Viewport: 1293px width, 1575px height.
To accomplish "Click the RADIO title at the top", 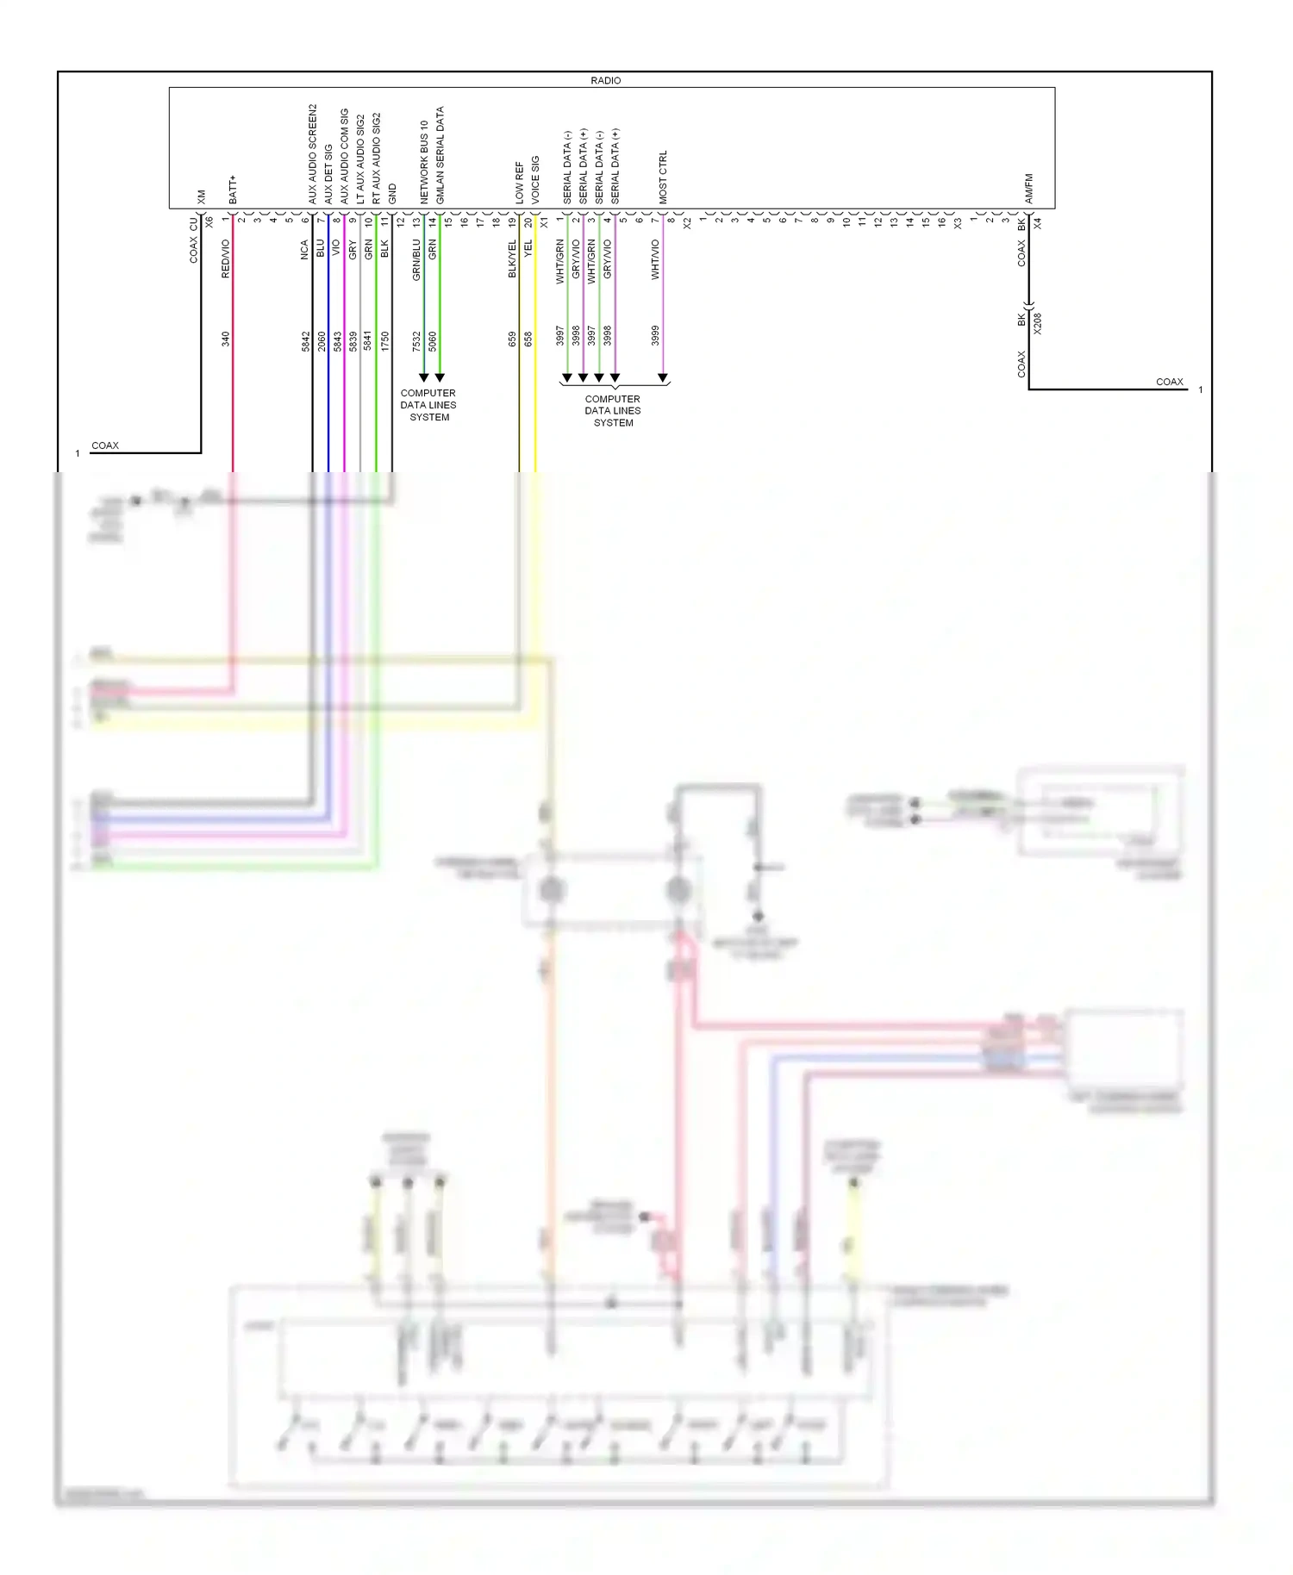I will [x=605, y=80].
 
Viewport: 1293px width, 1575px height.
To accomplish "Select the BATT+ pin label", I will [x=233, y=190].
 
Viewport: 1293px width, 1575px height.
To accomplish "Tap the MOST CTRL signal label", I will [x=663, y=177].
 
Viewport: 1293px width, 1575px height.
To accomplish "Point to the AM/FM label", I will [x=1029, y=189].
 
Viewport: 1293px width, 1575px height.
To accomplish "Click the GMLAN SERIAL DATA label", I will [x=440, y=155].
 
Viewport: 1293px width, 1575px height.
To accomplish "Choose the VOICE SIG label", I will [x=535, y=179].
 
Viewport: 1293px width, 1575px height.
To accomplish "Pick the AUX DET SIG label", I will [x=328, y=174].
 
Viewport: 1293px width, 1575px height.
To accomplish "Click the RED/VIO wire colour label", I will [x=226, y=258].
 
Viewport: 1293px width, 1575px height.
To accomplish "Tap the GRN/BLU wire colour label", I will [x=416, y=260].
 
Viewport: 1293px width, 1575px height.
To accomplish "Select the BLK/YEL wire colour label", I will [x=512, y=258].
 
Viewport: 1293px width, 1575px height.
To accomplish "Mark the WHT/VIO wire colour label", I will [x=655, y=259].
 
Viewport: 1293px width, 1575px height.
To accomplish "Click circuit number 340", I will [x=226, y=339].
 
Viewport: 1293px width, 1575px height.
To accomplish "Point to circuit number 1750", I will [x=385, y=341].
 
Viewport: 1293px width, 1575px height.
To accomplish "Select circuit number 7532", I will [x=416, y=341].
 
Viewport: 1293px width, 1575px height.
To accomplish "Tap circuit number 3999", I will [x=655, y=335].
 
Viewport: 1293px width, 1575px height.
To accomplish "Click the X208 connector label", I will [x=1038, y=323].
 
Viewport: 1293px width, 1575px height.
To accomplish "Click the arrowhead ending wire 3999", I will [x=662, y=377].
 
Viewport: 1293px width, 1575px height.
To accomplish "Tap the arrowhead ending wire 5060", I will [x=440, y=377].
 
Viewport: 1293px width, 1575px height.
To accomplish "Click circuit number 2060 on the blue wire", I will [x=322, y=341].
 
